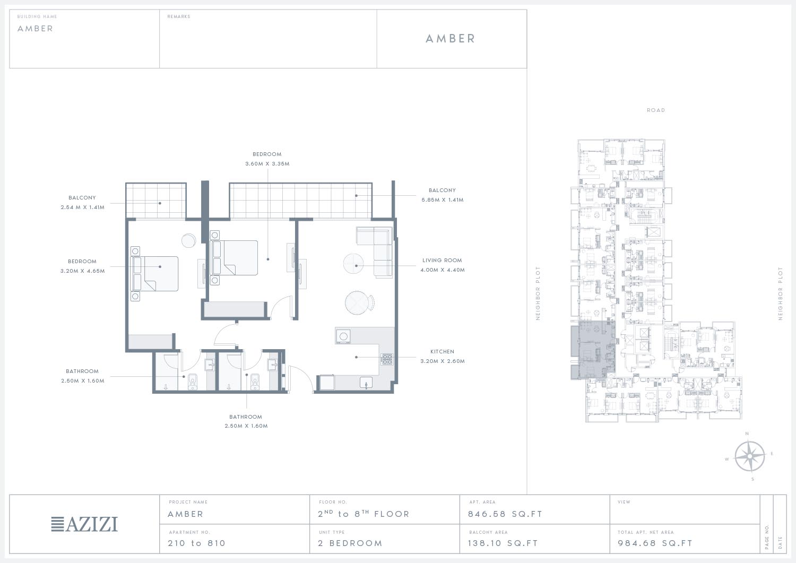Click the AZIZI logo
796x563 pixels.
tap(84, 524)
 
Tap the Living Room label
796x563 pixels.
tap(442, 260)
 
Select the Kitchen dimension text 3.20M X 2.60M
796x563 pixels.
tap(443, 361)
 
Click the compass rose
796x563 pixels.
tap(749, 456)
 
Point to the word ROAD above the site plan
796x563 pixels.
tap(655, 110)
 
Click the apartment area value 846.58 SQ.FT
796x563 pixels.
tap(505, 514)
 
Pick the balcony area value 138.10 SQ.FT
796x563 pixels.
tap(503, 543)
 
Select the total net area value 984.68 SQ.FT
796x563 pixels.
tap(655, 543)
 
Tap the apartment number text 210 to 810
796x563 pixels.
tap(196, 543)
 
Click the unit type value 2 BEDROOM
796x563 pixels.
tap(350, 543)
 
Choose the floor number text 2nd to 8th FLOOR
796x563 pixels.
tap(364, 514)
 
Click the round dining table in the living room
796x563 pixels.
tap(357, 303)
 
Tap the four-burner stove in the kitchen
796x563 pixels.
tap(387, 359)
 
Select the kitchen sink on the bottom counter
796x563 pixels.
tap(366, 383)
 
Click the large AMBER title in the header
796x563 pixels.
tap(450, 38)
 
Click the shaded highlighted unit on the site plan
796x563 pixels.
tap(593, 350)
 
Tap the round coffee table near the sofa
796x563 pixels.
tap(353, 264)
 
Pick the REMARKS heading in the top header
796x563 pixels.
tap(179, 16)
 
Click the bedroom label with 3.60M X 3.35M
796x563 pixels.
tap(267, 159)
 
